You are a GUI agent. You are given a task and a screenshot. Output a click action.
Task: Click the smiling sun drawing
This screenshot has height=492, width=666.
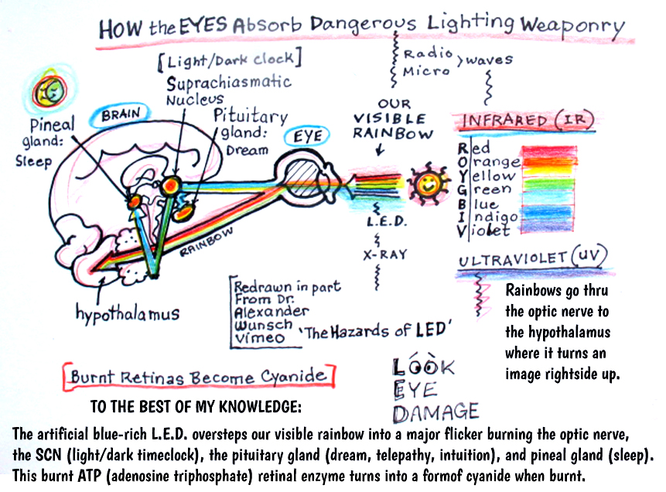428,183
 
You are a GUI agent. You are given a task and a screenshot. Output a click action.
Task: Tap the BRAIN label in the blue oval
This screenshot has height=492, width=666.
121,114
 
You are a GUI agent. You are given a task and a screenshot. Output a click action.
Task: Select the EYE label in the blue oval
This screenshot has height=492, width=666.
308,136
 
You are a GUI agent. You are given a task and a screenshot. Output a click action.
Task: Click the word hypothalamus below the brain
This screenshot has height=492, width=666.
128,313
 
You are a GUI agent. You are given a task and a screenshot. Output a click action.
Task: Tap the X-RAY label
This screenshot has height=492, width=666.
385,255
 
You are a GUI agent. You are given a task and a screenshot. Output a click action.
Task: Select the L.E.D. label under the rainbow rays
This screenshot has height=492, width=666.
387,221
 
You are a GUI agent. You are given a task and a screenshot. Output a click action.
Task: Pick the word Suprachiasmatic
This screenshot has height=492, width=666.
229,83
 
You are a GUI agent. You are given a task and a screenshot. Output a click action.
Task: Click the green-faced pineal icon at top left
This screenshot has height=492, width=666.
50,91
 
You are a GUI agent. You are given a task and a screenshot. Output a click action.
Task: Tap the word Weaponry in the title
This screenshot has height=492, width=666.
573,26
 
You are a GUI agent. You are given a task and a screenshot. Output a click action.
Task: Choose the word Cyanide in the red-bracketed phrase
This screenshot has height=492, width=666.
293,376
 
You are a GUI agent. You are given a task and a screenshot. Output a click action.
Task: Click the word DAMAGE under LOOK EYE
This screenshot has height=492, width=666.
435,412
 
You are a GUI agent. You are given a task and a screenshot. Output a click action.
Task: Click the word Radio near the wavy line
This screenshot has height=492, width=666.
428,53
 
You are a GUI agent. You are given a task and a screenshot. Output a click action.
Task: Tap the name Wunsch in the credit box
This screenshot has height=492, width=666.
263,325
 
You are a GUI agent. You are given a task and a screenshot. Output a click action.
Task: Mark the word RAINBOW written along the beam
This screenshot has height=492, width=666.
207,242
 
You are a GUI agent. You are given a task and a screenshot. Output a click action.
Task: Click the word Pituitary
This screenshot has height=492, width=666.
251,115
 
